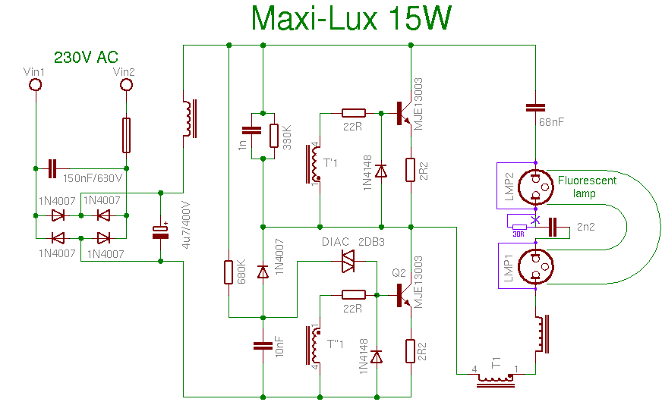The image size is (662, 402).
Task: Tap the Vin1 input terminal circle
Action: coord(35,84)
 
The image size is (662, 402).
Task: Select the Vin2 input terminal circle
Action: coord(126,84)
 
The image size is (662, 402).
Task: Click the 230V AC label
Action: coord(85,58)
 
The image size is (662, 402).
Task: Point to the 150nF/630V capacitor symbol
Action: coord(52,168)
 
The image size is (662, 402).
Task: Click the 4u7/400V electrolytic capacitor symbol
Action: coord(160,232)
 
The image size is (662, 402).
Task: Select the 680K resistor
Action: coord(229,272)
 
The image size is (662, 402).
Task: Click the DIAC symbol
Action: coord(348,261)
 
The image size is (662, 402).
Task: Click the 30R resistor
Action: coord(520,226)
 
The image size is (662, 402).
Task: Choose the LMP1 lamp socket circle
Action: coord(536,265)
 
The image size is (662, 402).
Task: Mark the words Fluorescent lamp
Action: coord(587,187)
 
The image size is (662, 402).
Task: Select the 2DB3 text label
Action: coord(372,242)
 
